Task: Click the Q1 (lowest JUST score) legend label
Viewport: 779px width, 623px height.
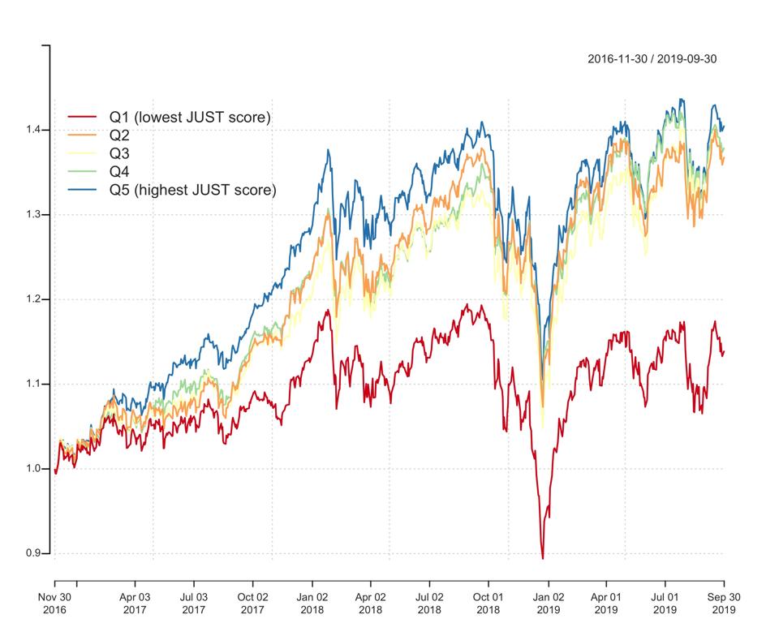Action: tap(190, 118)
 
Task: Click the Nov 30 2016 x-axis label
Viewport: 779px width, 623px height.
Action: tap(54, 603)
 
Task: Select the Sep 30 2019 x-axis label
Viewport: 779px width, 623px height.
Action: tap(724, 603)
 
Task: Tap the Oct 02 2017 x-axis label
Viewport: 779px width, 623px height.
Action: tap(253, 603)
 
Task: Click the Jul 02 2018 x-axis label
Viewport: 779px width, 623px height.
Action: tap(429, 603)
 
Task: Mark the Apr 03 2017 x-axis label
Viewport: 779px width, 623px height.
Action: tap(135, 603)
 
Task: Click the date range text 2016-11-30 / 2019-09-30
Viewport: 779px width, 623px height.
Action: tap(652, 59)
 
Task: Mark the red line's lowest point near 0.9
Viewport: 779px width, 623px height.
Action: tap(542, 558)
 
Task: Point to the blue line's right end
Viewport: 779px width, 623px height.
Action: tap(724, 126)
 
